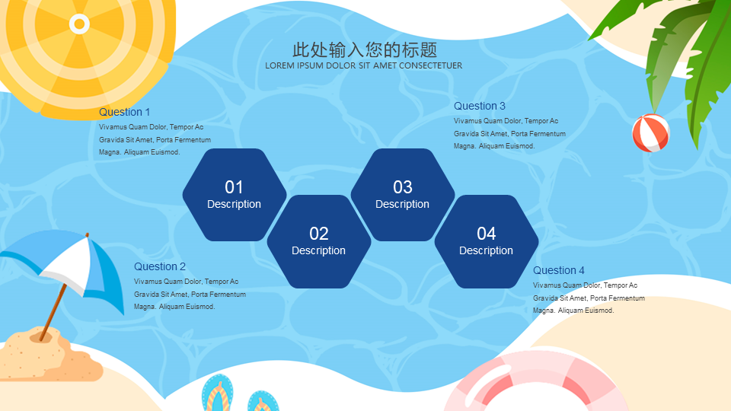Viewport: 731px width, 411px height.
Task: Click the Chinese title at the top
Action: [x=365, y=49]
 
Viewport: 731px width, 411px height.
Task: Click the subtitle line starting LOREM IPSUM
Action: [x=364, y=65]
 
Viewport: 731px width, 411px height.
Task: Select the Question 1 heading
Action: [x=124, y=112]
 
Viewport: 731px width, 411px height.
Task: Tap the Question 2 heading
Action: [x=160, y=266]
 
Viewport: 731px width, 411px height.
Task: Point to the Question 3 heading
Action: [x=480, y=106]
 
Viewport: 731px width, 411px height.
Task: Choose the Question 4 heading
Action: [x=558, y=270]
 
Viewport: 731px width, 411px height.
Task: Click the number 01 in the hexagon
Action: [x=234, y=187]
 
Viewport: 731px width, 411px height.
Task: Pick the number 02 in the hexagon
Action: [x=319, y=234]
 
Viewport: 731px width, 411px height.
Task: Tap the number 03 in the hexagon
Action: [x=403, y=187]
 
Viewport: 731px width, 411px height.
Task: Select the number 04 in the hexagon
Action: [x=487, y=234]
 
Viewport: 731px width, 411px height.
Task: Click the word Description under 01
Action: [x=234, y=204]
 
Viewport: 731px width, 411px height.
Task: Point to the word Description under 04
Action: [x=487, y=250]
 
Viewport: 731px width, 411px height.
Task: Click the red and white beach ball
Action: [x=651, y=133]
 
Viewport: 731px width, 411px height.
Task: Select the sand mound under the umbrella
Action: [x=49, y=356]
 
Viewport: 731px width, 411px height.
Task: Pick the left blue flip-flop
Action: [x=218, y=393]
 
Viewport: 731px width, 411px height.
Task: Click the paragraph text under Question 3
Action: [x=509, y=134]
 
